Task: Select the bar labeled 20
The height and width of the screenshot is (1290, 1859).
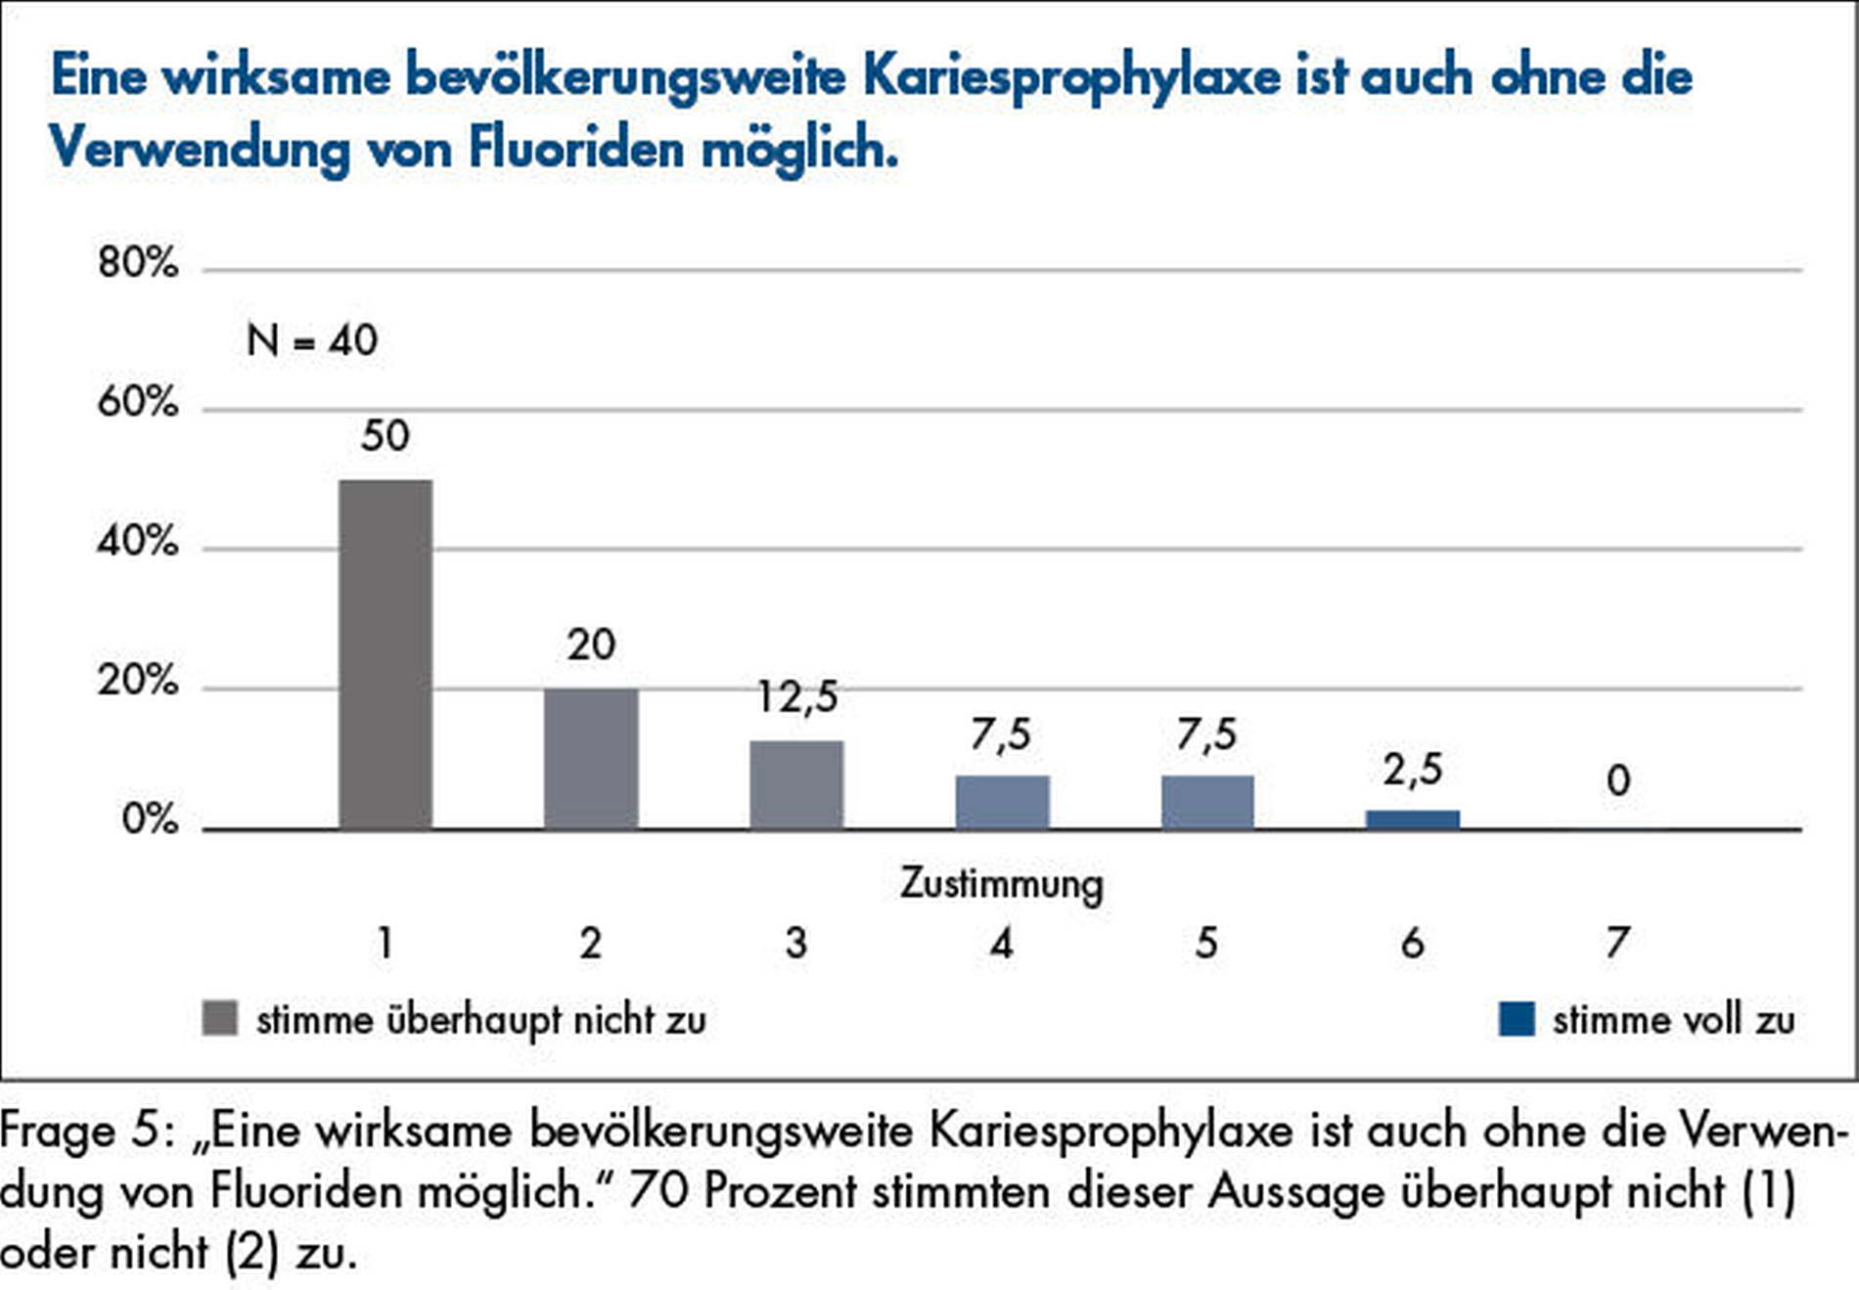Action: pos(591,758)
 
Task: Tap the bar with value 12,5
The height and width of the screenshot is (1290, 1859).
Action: pos(796,784)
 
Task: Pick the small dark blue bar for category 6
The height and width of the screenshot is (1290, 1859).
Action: pos(1413,820)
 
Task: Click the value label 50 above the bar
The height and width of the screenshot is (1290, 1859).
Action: pos(385,436)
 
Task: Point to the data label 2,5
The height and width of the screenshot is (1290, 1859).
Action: pos(1413,771)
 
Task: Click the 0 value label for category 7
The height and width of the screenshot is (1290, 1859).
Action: pos(1618,780)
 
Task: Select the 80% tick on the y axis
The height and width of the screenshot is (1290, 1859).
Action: pos(138,263)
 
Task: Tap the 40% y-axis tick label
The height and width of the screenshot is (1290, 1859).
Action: pos(138,541)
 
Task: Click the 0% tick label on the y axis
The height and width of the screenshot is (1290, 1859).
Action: pos(150,820)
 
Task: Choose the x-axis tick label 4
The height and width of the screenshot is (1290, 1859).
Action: pos(1001,943)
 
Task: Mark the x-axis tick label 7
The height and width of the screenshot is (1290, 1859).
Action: pos(1617,943)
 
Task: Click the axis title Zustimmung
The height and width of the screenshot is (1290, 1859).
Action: pos(1001,884)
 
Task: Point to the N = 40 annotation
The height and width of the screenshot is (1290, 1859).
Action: pos(311,340)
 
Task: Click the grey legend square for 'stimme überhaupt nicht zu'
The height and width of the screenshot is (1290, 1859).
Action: pos(219,1018)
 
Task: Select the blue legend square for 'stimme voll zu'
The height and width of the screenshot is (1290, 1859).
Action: pos(1517,1018)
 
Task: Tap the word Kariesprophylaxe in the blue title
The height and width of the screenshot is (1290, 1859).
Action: pos(1071,76)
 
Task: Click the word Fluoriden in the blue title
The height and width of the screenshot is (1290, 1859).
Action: pos(576,149)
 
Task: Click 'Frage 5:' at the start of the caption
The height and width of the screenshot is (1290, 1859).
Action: pos(86,1132)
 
